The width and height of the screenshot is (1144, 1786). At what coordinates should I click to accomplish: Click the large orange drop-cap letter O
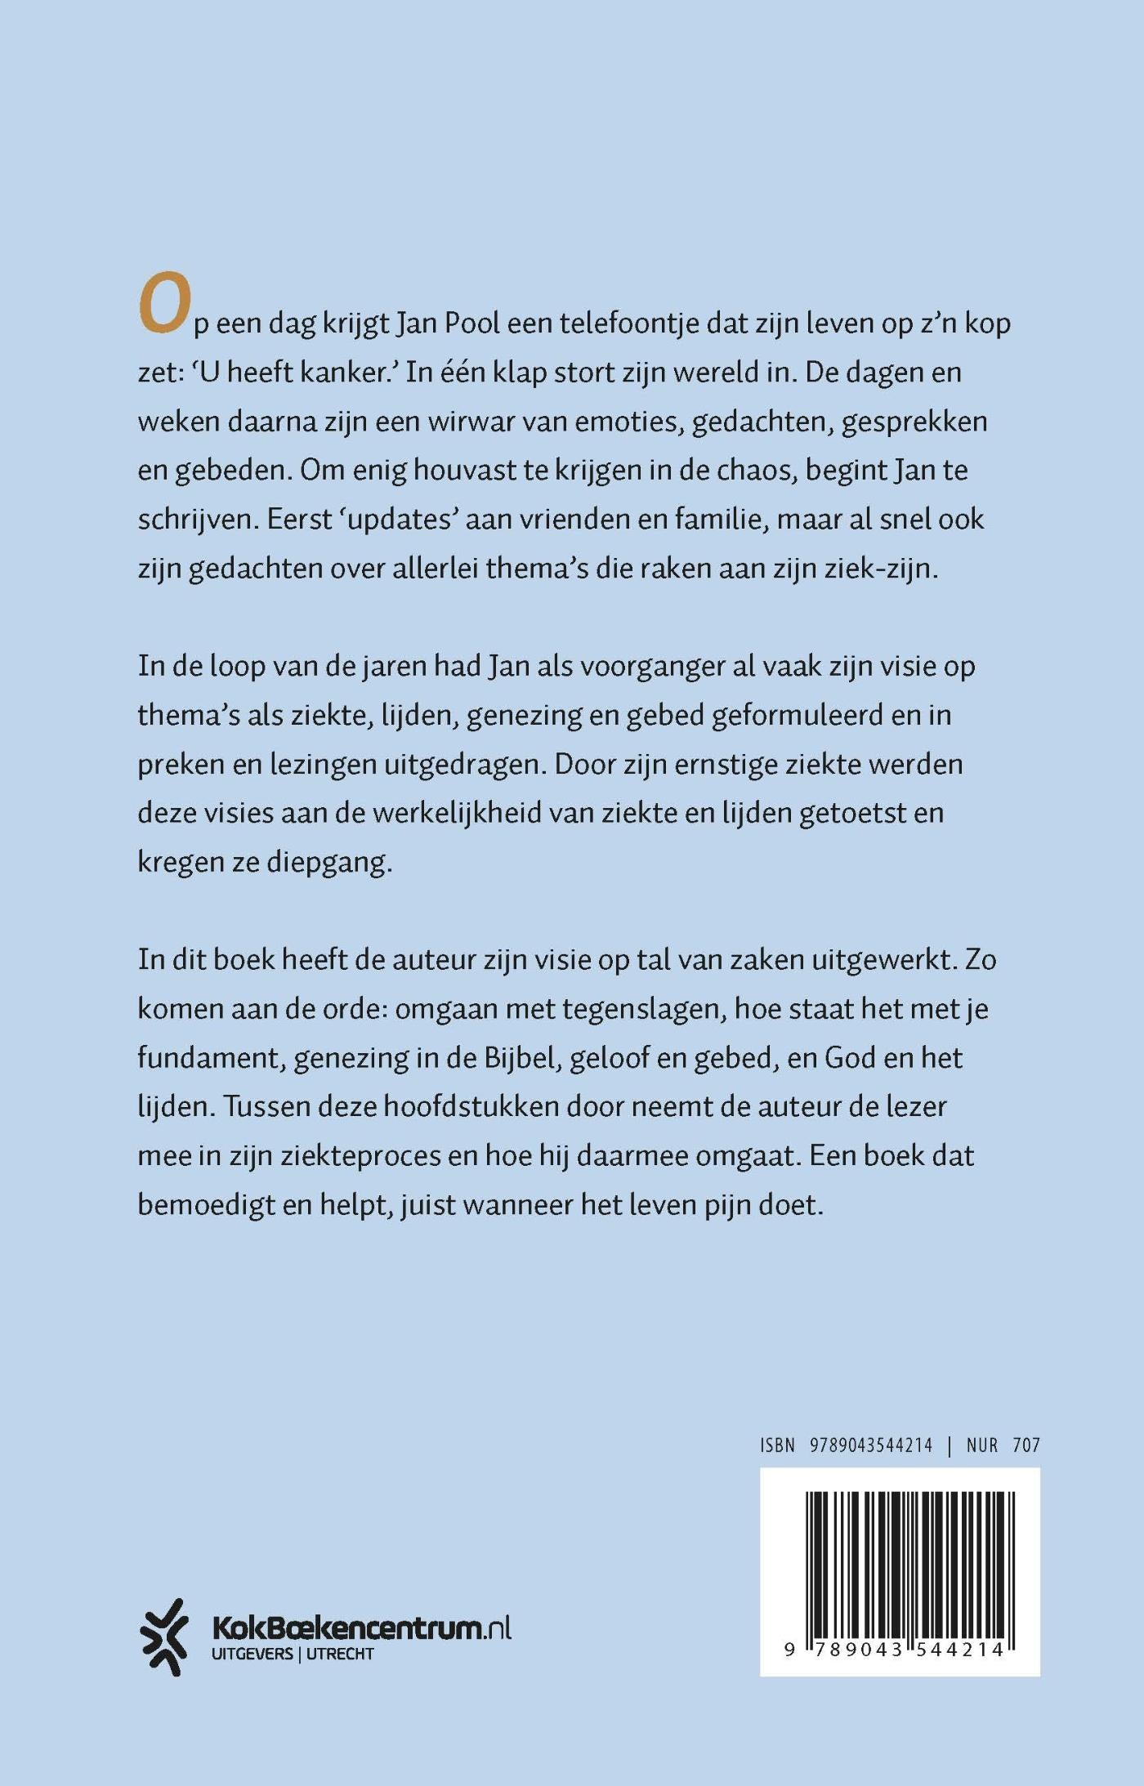[164, 304]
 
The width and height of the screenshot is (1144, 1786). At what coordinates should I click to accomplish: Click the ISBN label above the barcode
[777, 1445]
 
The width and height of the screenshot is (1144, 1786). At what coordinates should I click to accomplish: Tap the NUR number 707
[1026, 1445]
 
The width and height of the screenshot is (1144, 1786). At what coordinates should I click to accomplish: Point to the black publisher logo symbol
[163, 1637]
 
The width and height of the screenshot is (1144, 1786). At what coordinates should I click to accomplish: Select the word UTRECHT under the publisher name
[339, 1654]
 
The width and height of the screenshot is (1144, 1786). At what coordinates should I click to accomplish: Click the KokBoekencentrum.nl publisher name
[360, 1628]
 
